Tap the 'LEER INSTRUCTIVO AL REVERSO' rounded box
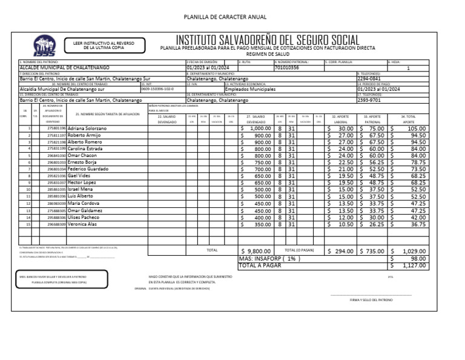(99, 45)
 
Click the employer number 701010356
(287, 68)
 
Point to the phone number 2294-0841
(369, 79)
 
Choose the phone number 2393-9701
(369, 100)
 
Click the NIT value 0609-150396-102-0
(157, 89)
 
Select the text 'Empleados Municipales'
(249, 89)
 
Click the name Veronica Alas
(82, 224)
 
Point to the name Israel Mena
(81, 189)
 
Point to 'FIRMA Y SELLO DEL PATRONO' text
(371, 300)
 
